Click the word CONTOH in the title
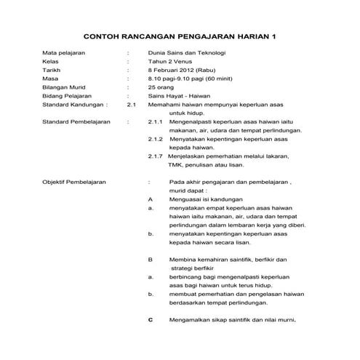tap(106, 36)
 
